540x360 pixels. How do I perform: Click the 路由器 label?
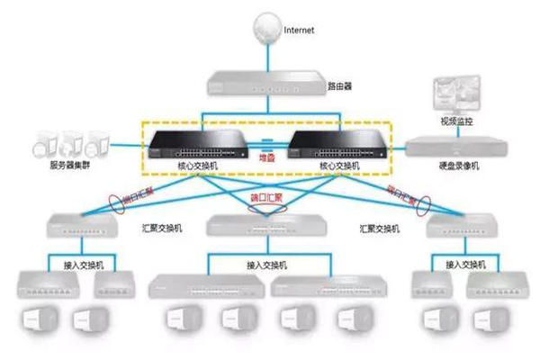338,87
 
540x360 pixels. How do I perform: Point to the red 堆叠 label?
268,157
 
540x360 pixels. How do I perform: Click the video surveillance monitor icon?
455,93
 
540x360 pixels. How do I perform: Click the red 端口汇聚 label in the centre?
266,197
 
